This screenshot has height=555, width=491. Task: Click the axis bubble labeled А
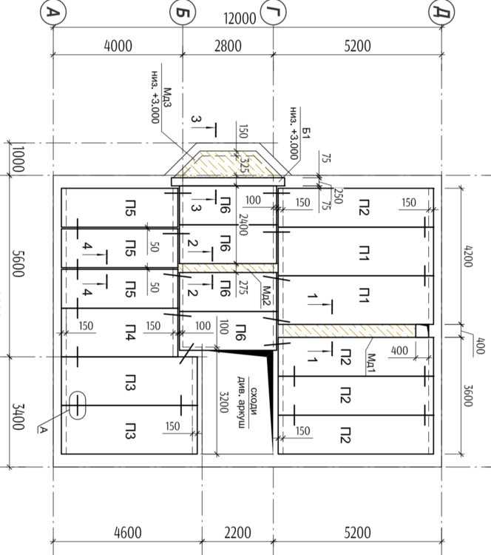[x=53, y=13]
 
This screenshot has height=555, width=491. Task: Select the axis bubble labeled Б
[x=183, y=13]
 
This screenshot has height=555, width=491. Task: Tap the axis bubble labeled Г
[x=273, y=13]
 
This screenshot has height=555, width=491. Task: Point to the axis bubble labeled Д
[x=441, y=13]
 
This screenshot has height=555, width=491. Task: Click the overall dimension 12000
[x=240, y=18]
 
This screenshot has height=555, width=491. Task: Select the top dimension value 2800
[x=228, y=46]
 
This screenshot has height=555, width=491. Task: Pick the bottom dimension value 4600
[x=128, y=533]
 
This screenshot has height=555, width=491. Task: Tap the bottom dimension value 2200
[x=237, y=533]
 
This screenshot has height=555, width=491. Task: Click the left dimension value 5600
[x=18, y=263]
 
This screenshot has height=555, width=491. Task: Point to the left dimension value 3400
[x=18, y=417]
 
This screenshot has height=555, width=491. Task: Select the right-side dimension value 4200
[x=467, y=256]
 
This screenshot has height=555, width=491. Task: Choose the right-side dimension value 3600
[x=467, y=396]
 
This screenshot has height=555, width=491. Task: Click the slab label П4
[x=130, y=332]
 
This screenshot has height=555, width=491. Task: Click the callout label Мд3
[x=167, y=98]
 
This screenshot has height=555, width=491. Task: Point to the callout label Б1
[x=306, y=132]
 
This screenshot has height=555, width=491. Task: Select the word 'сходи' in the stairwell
[x=254, y=401]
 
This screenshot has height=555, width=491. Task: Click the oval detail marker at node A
[x=77, y=406]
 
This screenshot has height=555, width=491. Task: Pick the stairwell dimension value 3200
[x=223, y=402]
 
